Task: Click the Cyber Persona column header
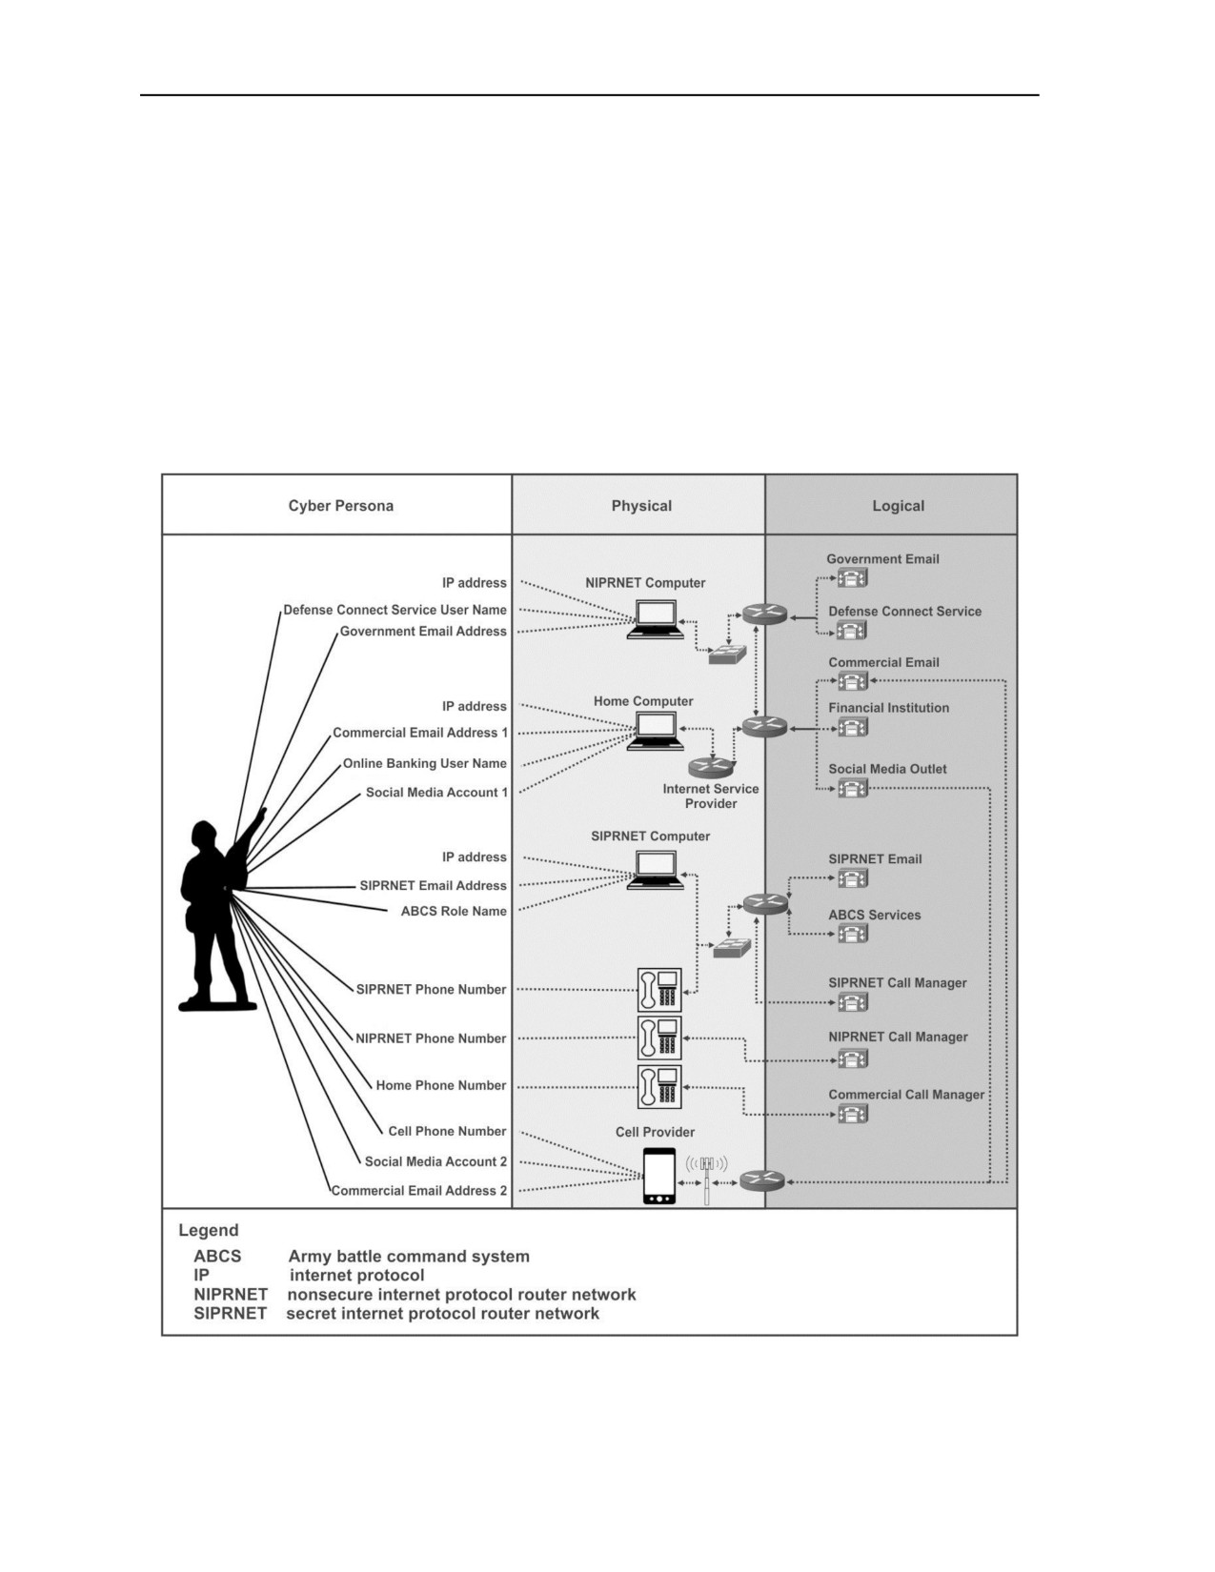[x=341, y=506]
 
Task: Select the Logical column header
[x=898, y=506]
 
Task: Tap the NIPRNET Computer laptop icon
[x=656, y=619]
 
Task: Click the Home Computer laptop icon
[x=656, y=731]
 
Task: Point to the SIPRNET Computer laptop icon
[x=656, y=869]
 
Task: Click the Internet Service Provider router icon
[x=711, y=767]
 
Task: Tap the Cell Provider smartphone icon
[x=659, y=1177]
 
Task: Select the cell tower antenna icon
[x=707, y=1179]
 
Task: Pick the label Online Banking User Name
[x=425, y=763]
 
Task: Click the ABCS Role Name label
[x=454, y=911]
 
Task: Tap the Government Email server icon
[x=853, y=578]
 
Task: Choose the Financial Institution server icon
[x=853, y=727]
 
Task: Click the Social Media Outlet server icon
[x=853, y=788]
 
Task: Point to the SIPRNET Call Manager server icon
[x=853, y=1002]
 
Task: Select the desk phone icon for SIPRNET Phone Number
[x=659, y=990]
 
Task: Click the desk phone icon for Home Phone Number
[x=659, y=1086]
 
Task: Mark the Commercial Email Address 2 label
[x=419, y=1190]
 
